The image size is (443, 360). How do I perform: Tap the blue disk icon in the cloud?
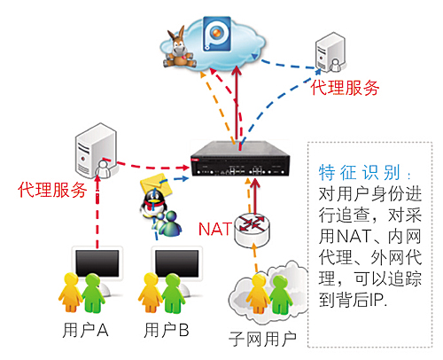[x=217, y=34]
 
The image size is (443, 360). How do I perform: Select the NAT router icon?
[x=253, y=230]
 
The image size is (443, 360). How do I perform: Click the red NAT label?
[x=214, y=229]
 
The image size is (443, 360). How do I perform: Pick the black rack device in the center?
[x=240, y=159]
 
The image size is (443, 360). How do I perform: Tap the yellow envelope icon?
[x=154, y=184]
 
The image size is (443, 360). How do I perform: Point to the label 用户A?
[x=85, y=330]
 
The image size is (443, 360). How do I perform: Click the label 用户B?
[x=167, y=330]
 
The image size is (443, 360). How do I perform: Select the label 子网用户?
[x=262, y=339]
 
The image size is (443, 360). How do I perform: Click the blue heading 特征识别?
[x=360, y=172]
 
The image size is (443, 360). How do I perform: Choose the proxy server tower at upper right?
[x=330, y=52]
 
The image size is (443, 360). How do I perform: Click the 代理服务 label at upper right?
[x=345, y=88]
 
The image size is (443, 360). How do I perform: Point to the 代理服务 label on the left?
[x=52, y=190]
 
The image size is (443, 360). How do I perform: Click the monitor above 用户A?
[x=97, y=262]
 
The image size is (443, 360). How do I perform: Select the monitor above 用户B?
[x=177, y=263]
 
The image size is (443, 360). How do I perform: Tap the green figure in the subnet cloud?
[x=281, y=295]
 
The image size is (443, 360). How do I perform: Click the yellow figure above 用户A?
[x=70, y=292]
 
